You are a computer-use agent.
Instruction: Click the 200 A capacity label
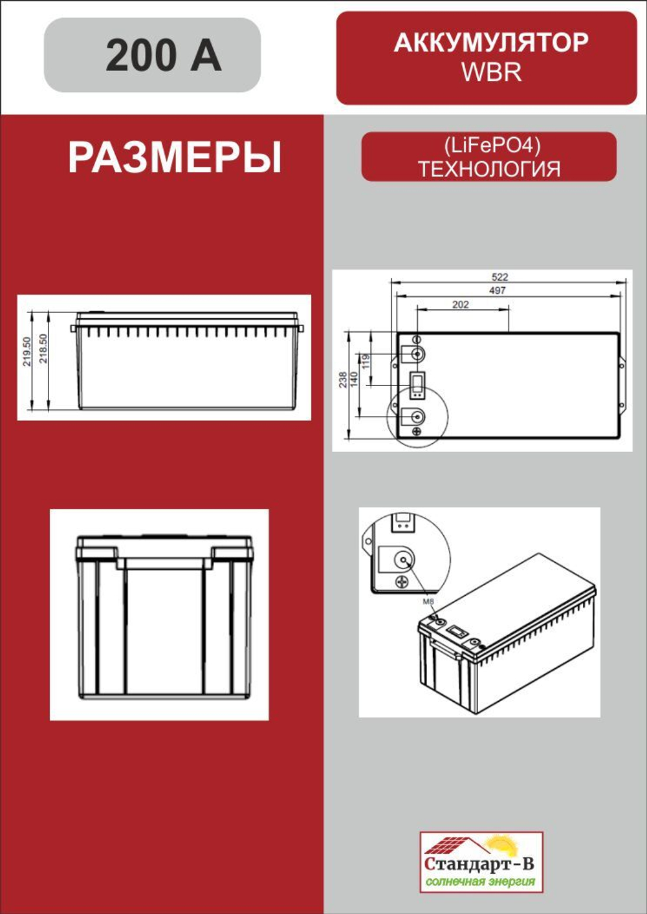click(163, 56)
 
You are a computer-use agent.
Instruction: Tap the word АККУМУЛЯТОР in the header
click(490, 43)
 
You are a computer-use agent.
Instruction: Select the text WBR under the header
click(491, 72)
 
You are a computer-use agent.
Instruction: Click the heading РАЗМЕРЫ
click(175, 158)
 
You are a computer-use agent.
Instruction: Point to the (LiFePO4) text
click(492, 145)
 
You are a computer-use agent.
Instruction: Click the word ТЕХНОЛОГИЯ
click(489, 169)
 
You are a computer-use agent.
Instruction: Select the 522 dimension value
click(499, 277)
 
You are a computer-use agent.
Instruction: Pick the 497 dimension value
click(498, 290)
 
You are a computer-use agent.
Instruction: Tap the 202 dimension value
click(461, 304)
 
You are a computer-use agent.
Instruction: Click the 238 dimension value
click(342, 380)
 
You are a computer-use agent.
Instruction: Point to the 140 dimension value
click(354, 379)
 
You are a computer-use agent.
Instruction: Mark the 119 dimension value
click(366, 362)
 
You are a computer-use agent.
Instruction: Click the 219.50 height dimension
click(27, 351)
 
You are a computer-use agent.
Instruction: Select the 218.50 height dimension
click(43, 349)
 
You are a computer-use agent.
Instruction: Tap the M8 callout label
click(428, 602)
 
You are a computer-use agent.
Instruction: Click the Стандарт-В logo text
click(479, 864)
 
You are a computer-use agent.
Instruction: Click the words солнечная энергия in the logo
click(480, 881)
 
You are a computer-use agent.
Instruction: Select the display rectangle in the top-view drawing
click(417, 384)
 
